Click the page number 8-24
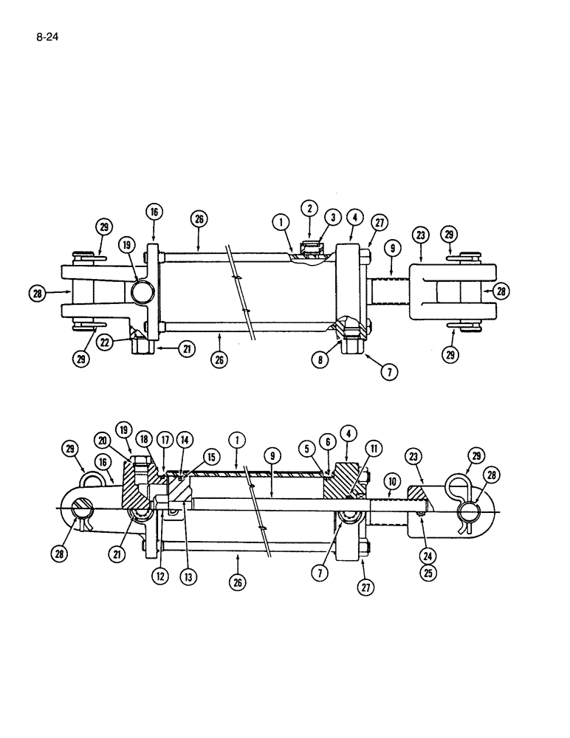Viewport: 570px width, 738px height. click(47, 33)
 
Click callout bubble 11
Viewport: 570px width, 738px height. click(375, 449)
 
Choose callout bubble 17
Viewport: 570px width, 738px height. click(166, 441)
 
